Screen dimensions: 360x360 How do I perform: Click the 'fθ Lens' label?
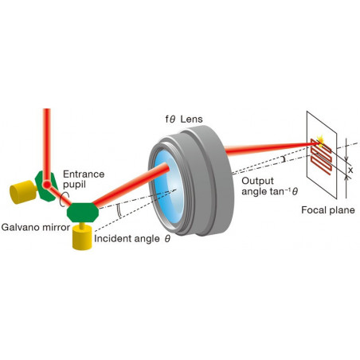tap(184, 119)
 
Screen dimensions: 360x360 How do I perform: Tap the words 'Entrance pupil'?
tap(84, 179)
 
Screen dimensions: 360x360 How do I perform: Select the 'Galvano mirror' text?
tap(36, 227)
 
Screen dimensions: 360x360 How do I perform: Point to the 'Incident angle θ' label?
tap(132, 239)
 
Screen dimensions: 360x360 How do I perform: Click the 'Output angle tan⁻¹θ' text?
tap(269, 186)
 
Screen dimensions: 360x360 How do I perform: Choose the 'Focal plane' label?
tap(328, 210)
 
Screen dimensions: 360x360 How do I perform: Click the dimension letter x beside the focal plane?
tap(350, 170)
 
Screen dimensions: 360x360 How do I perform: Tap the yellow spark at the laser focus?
tap(321, 141)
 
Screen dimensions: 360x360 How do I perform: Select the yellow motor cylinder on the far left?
tap(23, 192)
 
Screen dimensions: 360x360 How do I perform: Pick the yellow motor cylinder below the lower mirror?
tap(82, 238)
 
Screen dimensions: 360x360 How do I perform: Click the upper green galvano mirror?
tap(46, 186)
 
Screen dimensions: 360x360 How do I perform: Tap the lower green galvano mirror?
tap(83, 212)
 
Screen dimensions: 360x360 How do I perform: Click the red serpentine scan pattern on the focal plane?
tap(321, 157)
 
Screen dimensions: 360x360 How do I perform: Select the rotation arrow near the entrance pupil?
tap(64, 200)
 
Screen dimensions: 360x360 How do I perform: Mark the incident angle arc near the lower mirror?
tap(119, 211)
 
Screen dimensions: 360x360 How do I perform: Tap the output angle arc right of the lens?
tap(284, 159)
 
